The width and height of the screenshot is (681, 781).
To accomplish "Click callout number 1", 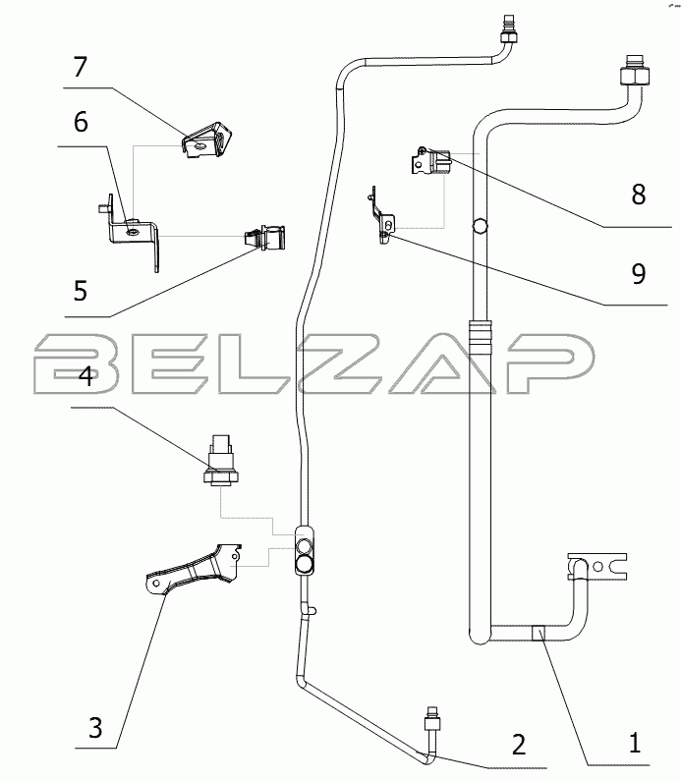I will (636, 742).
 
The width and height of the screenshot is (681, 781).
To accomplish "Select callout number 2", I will (518, 742).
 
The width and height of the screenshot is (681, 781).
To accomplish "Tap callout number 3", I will (94, 729).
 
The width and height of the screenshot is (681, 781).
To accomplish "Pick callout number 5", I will (80, 291).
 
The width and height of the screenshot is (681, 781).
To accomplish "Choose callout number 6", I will (81, 123).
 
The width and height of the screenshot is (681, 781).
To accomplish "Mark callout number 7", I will (81, 68).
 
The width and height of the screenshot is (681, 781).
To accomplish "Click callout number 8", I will (638, 195).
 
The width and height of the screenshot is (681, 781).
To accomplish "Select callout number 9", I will (638, 274).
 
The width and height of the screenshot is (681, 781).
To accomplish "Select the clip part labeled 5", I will (263, 239).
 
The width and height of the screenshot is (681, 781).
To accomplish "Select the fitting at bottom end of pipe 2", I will (429, 725).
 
